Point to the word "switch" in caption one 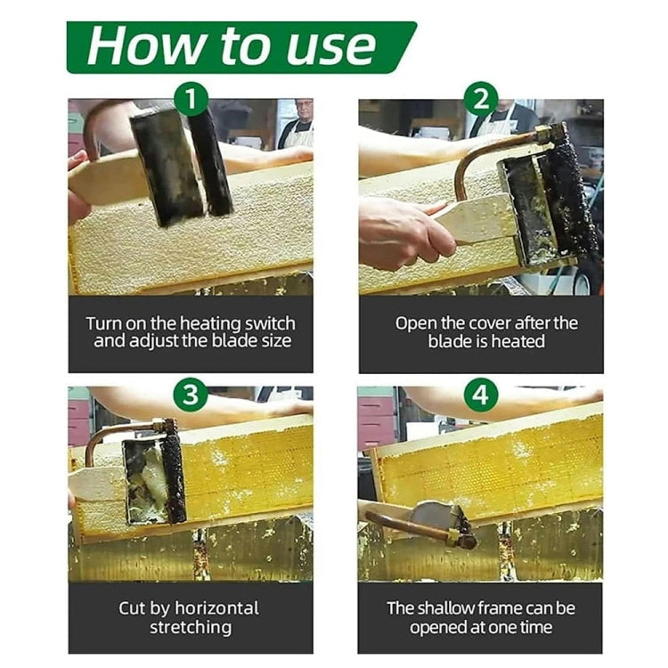point(268,323)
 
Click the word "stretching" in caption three point(191,628)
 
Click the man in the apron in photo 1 point(297,124)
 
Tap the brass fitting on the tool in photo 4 point(463,538)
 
